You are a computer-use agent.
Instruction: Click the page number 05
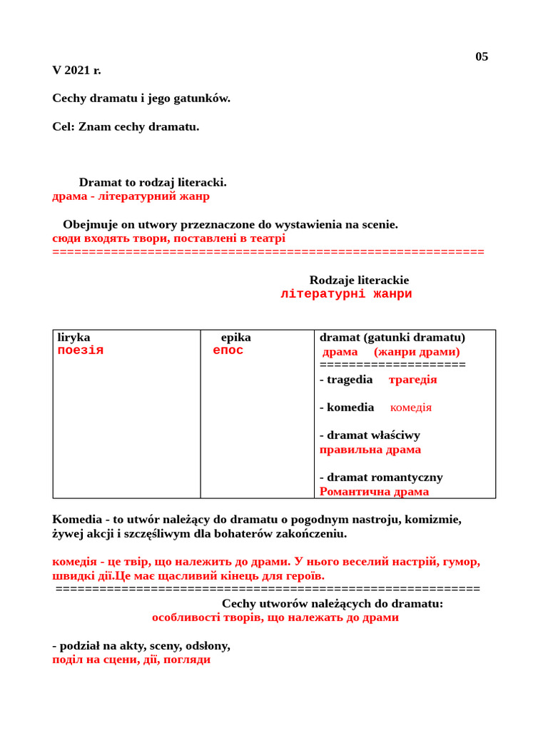tap(482, 56)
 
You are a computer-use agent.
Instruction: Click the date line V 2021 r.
tap(76, 70)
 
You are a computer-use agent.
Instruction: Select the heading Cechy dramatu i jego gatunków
tap(141, 98)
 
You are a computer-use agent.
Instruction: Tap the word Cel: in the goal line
tap(64, 126)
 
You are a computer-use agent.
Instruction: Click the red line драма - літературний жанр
tap(131, 196)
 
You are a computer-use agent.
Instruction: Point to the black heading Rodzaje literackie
tap(359, 280)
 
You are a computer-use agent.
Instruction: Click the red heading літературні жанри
tap(346, 294)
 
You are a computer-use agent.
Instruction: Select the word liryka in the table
tap(73, 337)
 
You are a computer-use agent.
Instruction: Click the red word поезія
tap(81, 351)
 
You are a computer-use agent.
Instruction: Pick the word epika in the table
tap(235, 337)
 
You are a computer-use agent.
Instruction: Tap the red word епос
tap(228, 351)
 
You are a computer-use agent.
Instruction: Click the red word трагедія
tap(412, 379)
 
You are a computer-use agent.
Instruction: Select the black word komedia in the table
tap(350, 407)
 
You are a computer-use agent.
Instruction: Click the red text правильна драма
tap(370, 449)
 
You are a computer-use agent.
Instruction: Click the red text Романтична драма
tap(374, 491)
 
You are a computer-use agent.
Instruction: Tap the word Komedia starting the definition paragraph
tap(76, 519)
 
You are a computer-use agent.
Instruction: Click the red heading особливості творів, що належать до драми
tap(275, 617)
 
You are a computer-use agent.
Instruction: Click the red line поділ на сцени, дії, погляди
tap(131, 659)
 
